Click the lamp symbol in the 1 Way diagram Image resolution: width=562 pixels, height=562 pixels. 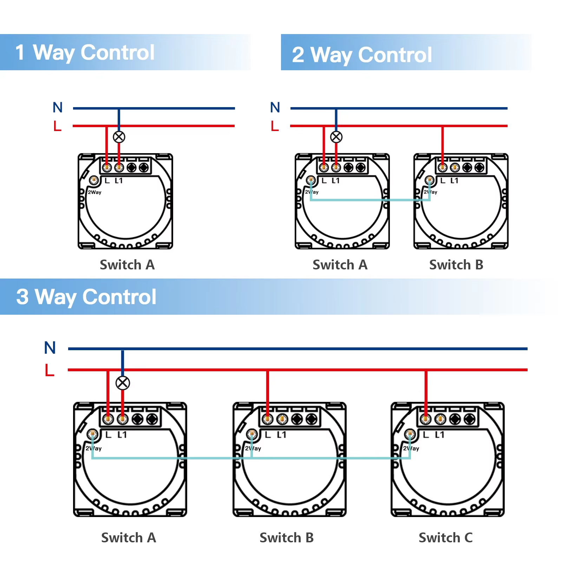click(119, 137)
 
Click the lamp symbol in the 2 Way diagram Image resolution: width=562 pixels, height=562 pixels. click(336, 137)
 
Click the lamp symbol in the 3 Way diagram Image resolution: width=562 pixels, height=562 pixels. click(123, 383)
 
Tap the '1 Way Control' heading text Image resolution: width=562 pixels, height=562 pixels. click(85, 53)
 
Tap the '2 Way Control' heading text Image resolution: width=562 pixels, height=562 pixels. click(362, 55)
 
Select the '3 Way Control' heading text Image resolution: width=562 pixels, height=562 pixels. click(86, 297)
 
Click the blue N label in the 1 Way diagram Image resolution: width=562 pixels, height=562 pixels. click(58, 107)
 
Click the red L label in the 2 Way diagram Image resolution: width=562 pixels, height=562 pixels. click(275, 126)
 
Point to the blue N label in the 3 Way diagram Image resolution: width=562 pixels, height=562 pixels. click(50, 348)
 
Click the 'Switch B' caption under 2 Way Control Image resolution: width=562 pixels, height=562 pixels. click(456, 265)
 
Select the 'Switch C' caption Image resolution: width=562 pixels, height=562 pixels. click(445, 538)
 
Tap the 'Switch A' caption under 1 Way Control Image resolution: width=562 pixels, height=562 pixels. click(127, 265)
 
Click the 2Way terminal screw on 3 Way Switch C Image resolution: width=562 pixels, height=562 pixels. click(409, 434)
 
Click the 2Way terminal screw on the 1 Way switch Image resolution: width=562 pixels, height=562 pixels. click(93, 180)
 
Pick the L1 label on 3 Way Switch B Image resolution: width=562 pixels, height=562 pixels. click(281, 435)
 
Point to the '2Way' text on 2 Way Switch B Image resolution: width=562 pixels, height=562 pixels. click(430, 192)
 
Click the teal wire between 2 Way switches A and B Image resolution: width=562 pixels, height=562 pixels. click(369, 200)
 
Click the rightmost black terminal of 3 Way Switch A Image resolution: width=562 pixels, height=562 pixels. click(152, 419)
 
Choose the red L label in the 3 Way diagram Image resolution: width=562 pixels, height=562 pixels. click(50, 370)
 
